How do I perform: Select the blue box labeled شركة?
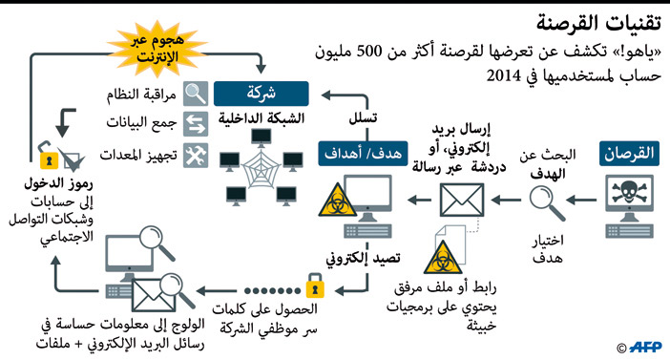(261, 94)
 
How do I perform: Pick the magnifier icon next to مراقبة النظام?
(195, 94)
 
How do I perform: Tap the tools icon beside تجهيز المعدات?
(195, 155)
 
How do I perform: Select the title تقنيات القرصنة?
(597, 20)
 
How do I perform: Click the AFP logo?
(641, 349)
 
